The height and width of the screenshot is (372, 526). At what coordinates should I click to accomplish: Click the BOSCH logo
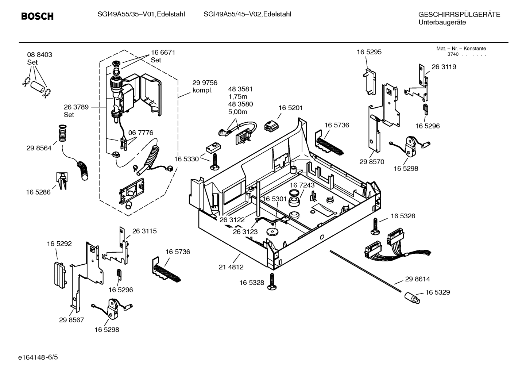coord(37,16)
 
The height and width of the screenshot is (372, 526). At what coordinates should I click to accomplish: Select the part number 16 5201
coord(290,108)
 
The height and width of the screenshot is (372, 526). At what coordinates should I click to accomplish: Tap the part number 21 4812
coord(231,267)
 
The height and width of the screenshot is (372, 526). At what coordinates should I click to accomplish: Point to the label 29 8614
coord(417,279)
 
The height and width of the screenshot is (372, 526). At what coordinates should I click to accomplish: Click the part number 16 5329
coord(437,292)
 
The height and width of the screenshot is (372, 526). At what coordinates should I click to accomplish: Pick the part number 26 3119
coord(444,67)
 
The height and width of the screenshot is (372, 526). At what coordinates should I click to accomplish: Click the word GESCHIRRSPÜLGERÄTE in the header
coord(459,15)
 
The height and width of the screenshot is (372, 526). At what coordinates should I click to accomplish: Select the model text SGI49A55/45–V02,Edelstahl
coord(247,14)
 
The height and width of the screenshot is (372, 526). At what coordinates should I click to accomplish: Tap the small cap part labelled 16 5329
coord(412,298)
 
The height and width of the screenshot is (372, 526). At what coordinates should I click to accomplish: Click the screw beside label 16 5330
coord(214,162)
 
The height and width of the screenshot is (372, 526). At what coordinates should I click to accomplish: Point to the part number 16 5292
coord(59,243)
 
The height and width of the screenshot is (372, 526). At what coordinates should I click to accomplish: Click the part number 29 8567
coord(71,320)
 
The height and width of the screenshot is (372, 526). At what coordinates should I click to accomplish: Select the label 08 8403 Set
coord(39,58)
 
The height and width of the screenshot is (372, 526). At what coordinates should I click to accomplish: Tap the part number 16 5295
coord(369,52)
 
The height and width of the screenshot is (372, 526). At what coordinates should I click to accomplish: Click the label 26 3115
coord(144,231)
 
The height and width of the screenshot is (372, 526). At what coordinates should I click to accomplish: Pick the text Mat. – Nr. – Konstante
coord(461,49)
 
